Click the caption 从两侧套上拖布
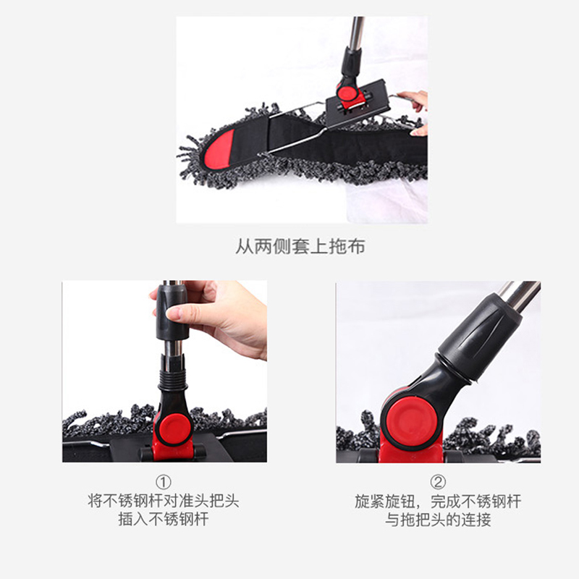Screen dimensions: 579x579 click(x=300, y=247)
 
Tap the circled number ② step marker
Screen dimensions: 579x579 click(x=438, y=483)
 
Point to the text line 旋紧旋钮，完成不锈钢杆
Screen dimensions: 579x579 click(x=438, y=502)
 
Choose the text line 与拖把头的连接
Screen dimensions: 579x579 click(x=438, y=520)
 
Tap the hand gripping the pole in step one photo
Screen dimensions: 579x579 click(x=224, y=315)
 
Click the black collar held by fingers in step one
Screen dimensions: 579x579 click(x=172, y=311)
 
